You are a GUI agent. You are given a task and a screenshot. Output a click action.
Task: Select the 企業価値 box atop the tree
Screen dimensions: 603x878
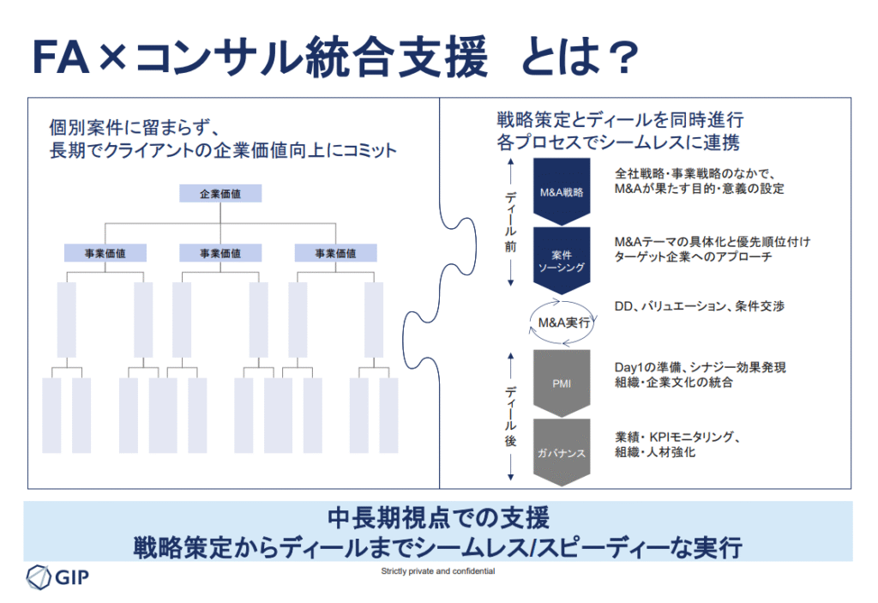coord(219,194)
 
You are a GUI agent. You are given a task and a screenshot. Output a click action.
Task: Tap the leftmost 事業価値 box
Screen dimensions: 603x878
coord(105,253)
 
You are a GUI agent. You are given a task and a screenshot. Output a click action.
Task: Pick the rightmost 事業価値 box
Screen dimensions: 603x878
coord(335,253)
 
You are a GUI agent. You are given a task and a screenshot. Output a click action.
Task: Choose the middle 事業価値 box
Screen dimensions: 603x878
coord(220,253)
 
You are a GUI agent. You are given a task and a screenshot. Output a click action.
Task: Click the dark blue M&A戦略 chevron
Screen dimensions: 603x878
coord(561,191)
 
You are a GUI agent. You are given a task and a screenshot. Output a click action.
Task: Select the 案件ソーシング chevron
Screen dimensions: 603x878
coord(561,260)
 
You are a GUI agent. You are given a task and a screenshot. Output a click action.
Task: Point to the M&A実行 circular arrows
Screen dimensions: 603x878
coord(562,323)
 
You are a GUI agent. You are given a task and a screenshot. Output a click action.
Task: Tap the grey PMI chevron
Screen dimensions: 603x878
coord(561,383)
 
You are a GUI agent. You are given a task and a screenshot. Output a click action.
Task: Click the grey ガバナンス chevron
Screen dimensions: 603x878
coord(561,451)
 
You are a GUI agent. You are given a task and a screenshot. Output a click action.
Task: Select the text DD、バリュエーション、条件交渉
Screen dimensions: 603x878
coord(699,306)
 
